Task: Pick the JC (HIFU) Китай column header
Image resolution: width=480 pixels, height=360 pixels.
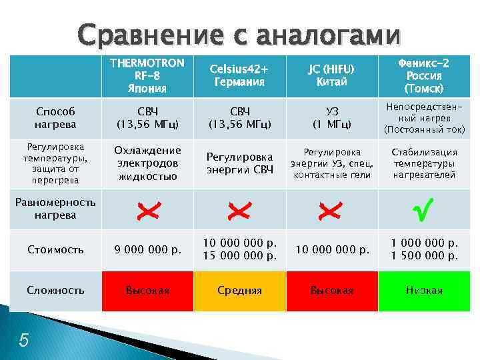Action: tap(331, 75)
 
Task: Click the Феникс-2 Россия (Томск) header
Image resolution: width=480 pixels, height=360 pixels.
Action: tap(424, 75)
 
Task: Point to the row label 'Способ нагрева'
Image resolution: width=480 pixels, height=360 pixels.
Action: tap(55, 118)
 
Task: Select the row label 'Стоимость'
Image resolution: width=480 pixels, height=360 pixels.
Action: tap(55, 250)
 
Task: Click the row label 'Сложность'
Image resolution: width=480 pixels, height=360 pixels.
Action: tap(55, 290)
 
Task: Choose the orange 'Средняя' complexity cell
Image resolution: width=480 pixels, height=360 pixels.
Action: tap(239, 291)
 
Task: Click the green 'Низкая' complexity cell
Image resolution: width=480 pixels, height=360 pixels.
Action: tap(424, 291)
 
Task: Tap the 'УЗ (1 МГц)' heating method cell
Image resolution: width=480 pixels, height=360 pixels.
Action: tap(331, 118)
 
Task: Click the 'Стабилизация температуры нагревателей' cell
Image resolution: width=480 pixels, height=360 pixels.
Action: tap(424, 163)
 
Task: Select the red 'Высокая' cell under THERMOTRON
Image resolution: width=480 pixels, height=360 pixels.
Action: tap(147, 291)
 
